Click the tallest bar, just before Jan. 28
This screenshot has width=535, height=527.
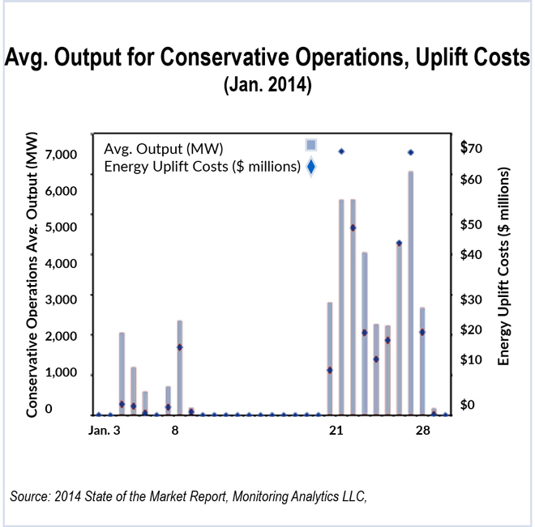click(x=411, y=292)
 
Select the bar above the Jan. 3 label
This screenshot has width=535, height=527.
click(x=122, y=373)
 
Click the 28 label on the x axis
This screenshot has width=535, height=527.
click(x=422, y=431)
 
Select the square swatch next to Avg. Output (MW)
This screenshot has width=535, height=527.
click(x=310, y=145)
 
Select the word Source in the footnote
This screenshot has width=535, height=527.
click(x=31, y=495)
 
